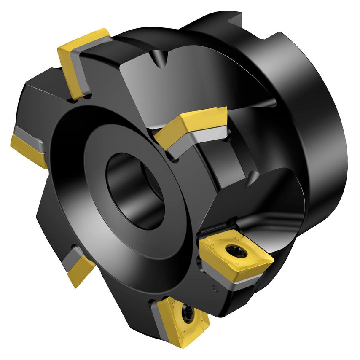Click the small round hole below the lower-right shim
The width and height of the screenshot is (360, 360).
pos(215,288)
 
